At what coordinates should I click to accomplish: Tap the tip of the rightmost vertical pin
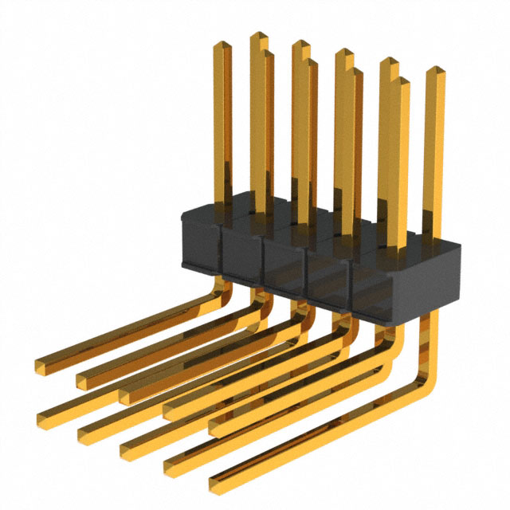[435, 72]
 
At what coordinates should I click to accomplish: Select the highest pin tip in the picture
[259, 37]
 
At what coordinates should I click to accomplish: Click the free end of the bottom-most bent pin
[215, 484]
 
